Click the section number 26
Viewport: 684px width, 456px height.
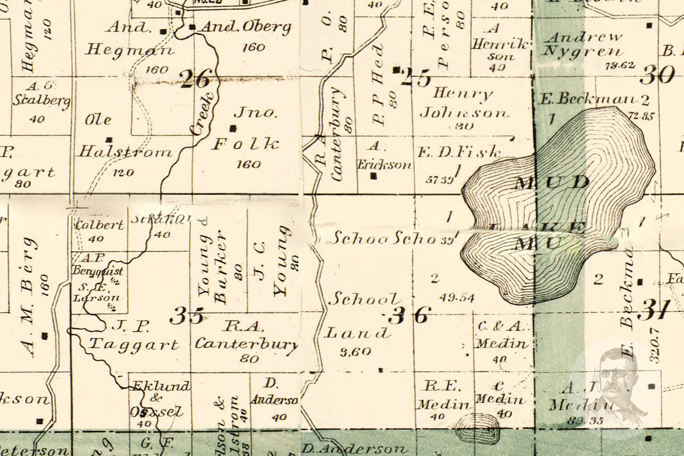pyautogui.click(x=196, y=79)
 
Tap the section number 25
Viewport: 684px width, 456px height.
pyautogui.click(x=416, y=78)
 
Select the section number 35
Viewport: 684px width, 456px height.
pyautogui.click(x=187, y=315)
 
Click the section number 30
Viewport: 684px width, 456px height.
pyautogui.click(x=657, y=74)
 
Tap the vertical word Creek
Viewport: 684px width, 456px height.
pyautogui.click(x=201, y=114)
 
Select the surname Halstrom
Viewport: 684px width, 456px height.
pyautogui.click(x=124, y=152)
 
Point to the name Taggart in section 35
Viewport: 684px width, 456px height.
pyautogui.click(x=133, y=344)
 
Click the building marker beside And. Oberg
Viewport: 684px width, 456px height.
pyautogui.click(x=192, y=27)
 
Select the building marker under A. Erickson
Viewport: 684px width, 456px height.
pyautogui.click(x=374, y=176)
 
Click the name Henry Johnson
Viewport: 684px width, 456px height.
pyautogui.click(x=463, y=103)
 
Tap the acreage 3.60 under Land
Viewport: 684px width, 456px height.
pyautogui.click(x=355, y=352)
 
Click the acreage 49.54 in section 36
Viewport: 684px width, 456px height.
pyautogui.click(x=457, y=298)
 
